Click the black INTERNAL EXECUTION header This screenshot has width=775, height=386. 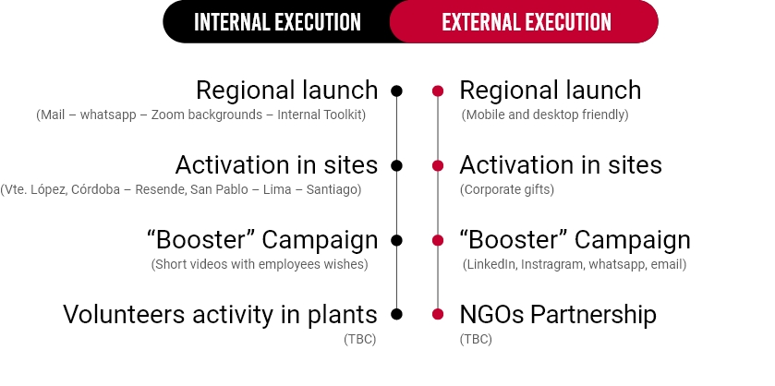[277, 21]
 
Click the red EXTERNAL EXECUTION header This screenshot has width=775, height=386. [527, 21]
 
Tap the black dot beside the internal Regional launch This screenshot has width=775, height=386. [396, 90]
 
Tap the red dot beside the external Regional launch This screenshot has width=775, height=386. [438, 90]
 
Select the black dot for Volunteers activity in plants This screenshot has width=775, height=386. [396, 314]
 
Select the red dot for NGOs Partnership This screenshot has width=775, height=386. [438, 314]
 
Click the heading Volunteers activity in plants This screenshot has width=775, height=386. [221, 314]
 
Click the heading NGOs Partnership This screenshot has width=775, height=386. [558, 314]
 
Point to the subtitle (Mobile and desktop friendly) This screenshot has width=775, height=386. [545, 115]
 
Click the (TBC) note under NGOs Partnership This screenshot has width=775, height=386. [476, 339]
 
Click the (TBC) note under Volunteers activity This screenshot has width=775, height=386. [359, 339]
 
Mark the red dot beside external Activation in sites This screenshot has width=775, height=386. [438, 165]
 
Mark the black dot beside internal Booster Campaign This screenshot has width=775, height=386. [396, 240]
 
